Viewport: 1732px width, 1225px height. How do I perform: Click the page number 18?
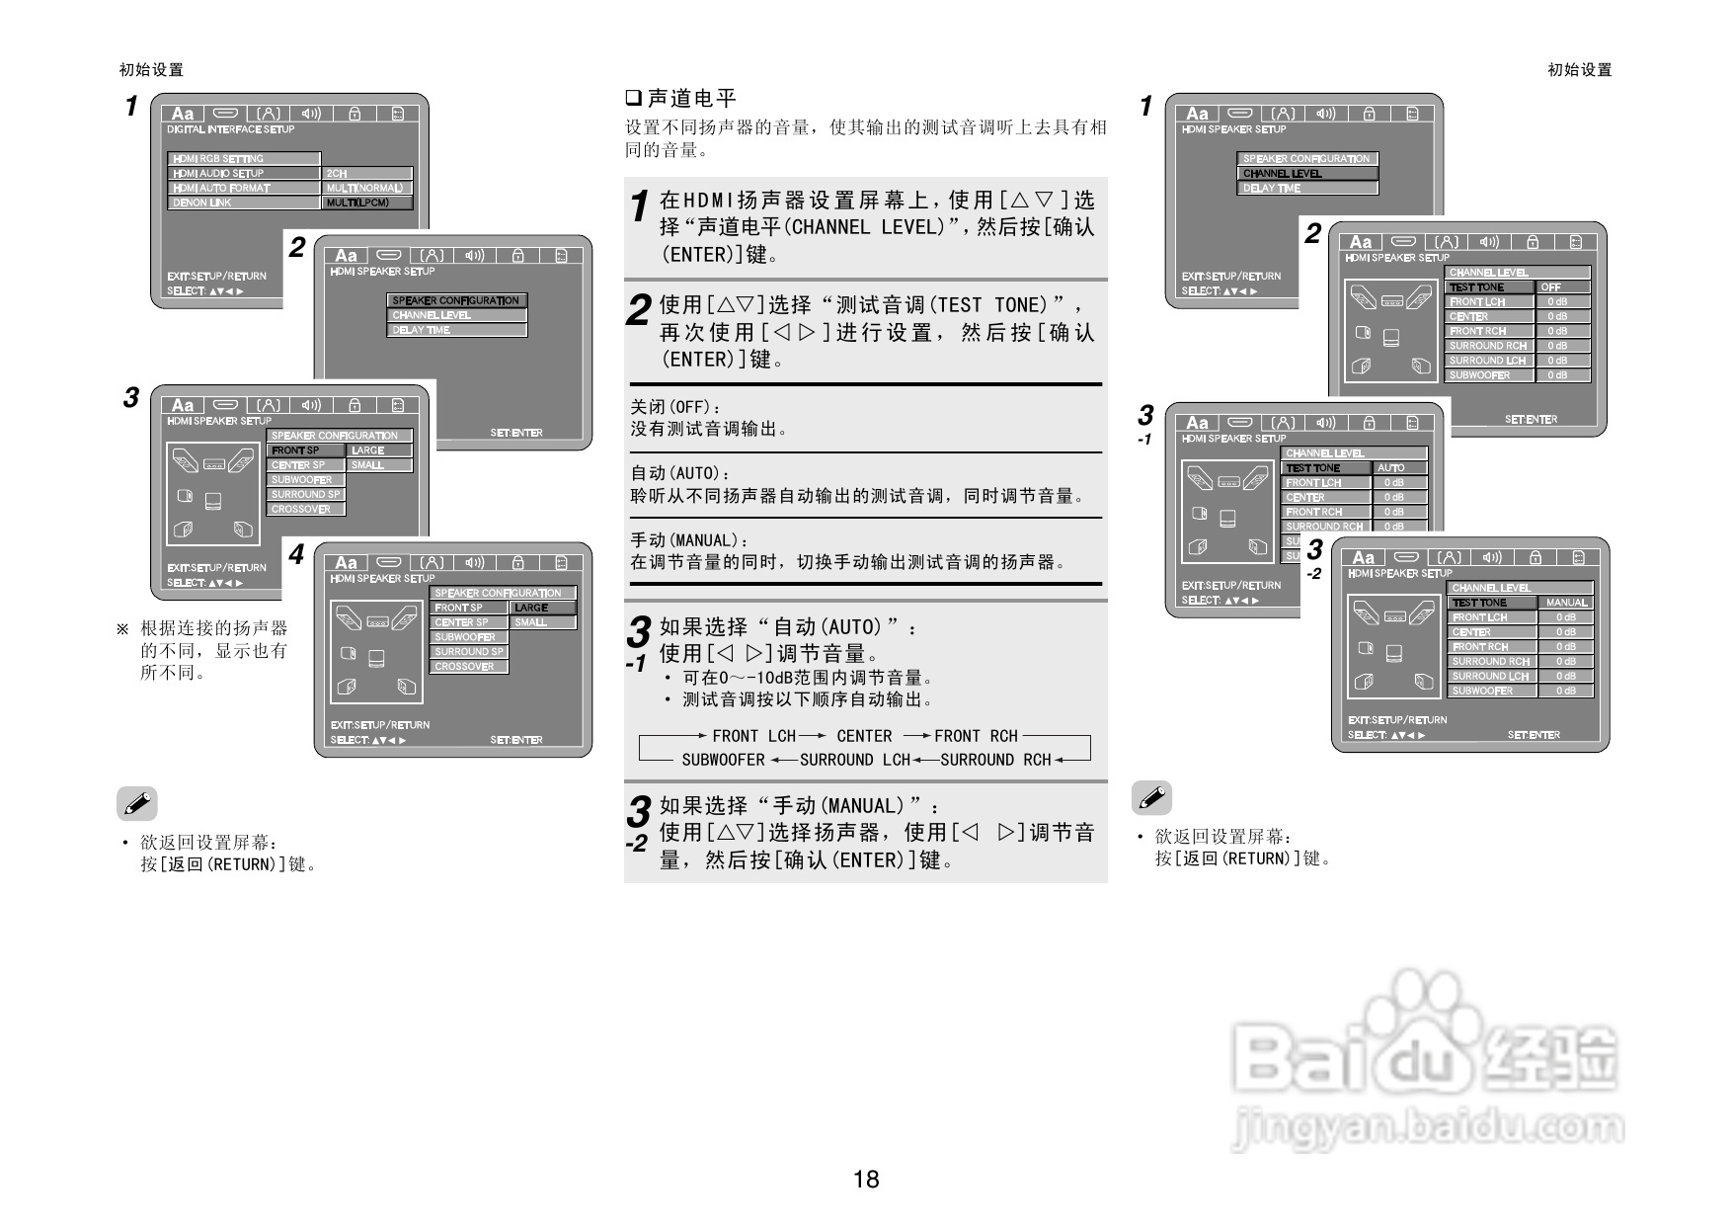[x=866, y=1179]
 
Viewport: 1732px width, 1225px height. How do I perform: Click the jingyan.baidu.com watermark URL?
[x=1428, y=1127]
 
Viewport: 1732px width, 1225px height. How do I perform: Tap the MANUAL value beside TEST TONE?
[x=1566, y=603]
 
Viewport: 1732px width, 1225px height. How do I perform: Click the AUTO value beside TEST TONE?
[x=1391, y=468]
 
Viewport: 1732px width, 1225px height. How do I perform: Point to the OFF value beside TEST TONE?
[x=1552, y=287]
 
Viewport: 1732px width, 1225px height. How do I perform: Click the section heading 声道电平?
[x=692, y=98]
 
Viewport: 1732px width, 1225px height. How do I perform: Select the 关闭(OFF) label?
[x=676, y=407]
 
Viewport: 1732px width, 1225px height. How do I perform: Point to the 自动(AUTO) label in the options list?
[x=680, y=473]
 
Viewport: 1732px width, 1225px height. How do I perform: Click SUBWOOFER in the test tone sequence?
[x=723, y=760]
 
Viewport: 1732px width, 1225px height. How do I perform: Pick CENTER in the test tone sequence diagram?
[x=864, y=736]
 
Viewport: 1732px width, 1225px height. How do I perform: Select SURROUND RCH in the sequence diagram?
[x=995, y=760]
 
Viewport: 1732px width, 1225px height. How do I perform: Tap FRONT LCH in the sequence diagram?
[x=753, y=736]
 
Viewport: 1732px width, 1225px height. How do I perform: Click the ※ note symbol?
[x=122, y=628]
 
